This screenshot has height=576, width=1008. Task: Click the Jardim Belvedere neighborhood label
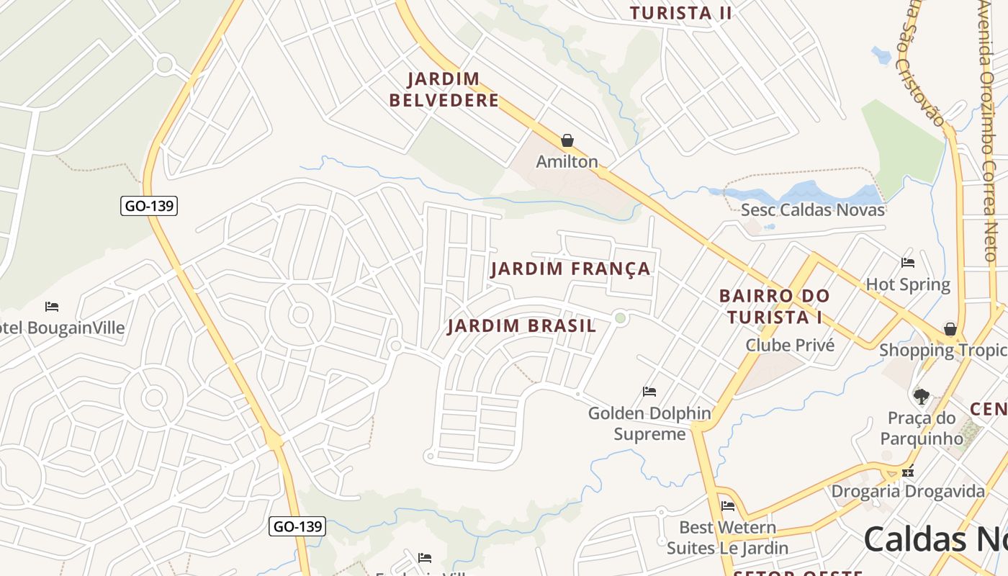[444, 89]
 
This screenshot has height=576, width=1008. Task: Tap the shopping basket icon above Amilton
[567, 140]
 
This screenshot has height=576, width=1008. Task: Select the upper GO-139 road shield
[148, 206]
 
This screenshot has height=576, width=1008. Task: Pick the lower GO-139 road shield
[297, 526]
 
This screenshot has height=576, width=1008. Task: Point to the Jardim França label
[570, 269]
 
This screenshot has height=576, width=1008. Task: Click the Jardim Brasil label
[522, 326]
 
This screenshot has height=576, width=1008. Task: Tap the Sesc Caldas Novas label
[813, 210]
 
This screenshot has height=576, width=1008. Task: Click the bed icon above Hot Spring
[908, 263]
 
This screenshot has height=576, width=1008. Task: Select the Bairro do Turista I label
[774, 306]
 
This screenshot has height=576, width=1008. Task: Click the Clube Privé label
[790, 346]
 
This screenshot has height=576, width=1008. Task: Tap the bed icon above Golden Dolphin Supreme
[649, 392]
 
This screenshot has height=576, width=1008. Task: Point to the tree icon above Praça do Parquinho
[921, 396]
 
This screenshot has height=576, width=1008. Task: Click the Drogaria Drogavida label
[908, 492]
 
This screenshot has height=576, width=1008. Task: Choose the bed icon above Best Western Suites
[728, 505]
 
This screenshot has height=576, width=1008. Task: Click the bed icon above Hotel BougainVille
[52, 307]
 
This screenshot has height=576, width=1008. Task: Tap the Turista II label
[680, 13]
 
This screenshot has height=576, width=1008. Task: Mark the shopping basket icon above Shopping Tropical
[950, 329]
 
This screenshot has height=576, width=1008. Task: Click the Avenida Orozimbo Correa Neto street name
[993, 130]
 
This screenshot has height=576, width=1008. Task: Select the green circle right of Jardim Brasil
[620, 318]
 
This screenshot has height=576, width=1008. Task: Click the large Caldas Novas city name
[935, 539]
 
